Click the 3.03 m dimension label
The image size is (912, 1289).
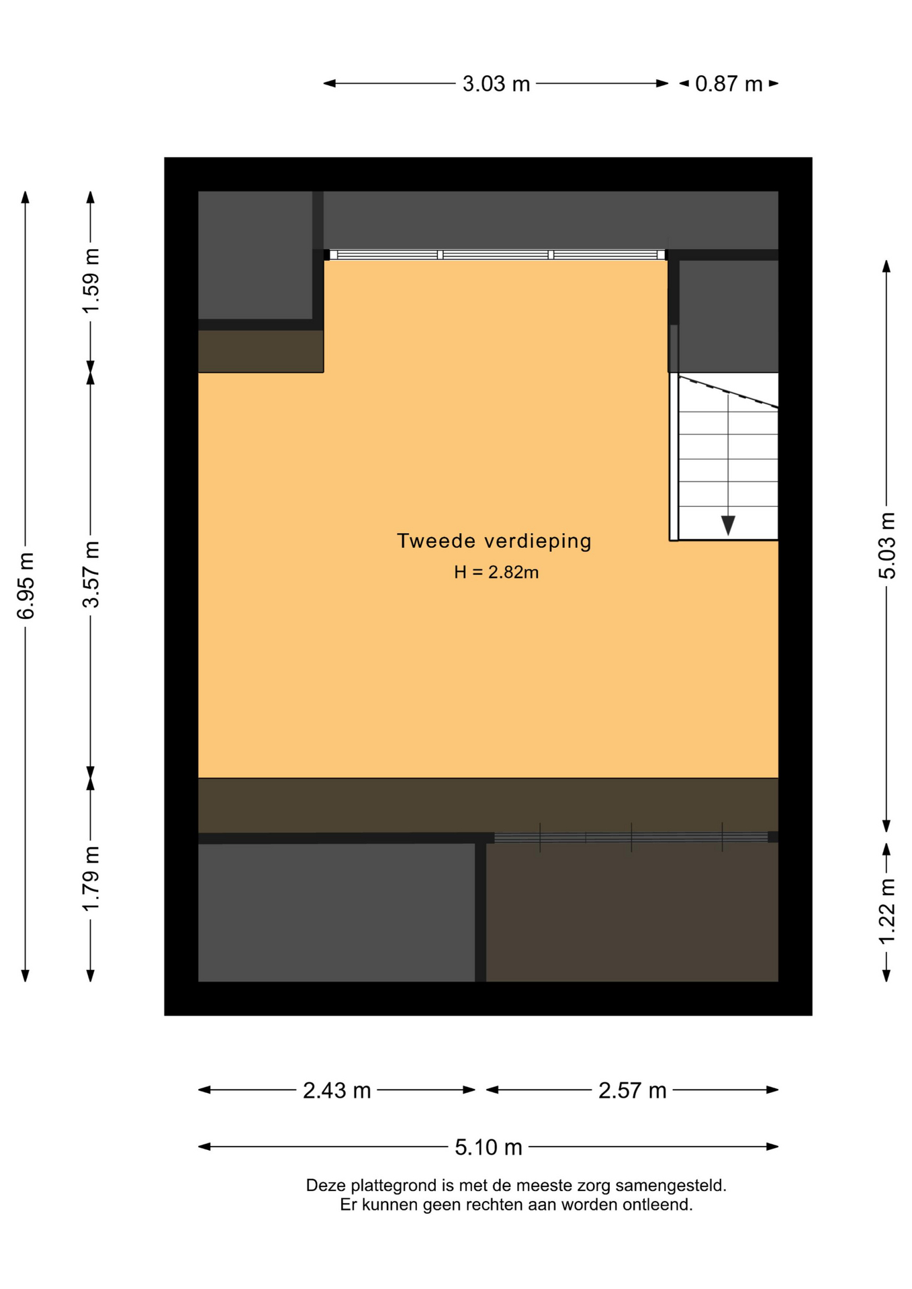point(496,84)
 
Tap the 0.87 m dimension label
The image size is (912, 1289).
point(729,84)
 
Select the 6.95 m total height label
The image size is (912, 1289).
point(26,586)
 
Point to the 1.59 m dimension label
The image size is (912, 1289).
point(91,281)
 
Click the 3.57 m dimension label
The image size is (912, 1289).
point(91,575)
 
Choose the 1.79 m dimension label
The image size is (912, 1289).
point(91,879)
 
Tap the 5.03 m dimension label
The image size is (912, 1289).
point(887,545)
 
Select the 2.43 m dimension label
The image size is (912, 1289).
point(336,1091)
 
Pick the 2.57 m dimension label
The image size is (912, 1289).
point(632,1091)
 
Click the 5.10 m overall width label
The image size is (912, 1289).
point(488,1147)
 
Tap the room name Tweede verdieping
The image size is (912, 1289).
point(494,541)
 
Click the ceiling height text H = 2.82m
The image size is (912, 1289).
point(496,572)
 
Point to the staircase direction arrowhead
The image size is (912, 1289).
point(728,525)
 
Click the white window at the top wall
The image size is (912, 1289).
point(496,255)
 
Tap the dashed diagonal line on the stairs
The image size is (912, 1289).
point(729,392)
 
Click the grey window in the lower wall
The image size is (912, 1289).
point(631,837)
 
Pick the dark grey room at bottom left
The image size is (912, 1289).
point(336,912)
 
